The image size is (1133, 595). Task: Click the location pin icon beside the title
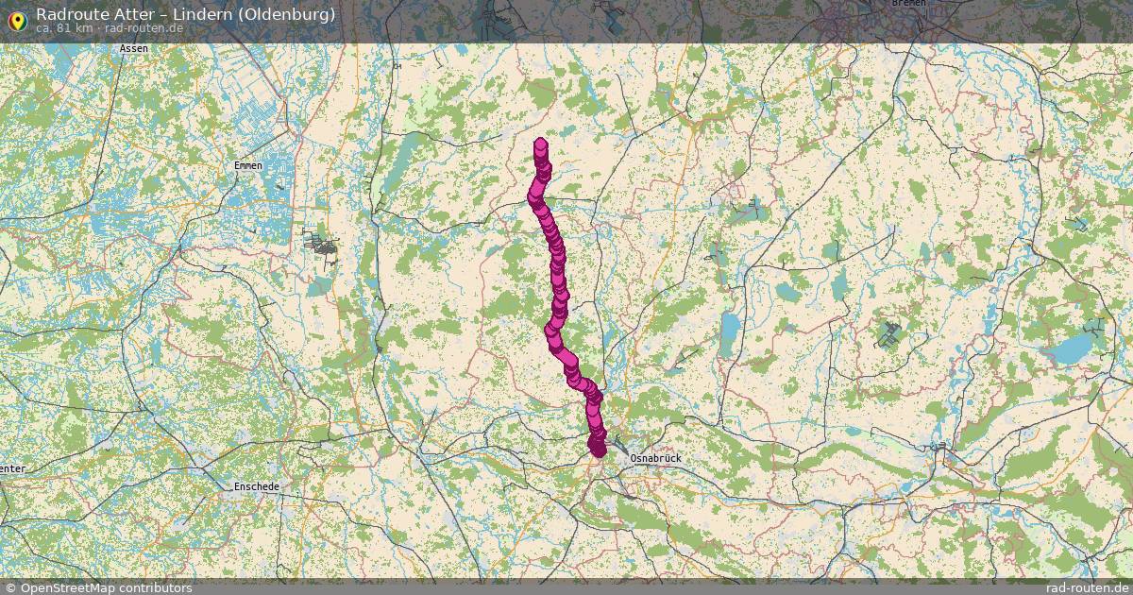coord(16,20)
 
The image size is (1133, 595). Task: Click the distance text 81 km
coord(73,28)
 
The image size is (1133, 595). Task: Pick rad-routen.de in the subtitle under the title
coord(144,28)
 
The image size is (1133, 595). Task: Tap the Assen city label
coord(134,48)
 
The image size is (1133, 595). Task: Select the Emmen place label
coord(247,165)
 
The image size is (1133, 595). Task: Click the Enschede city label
coord(256,486)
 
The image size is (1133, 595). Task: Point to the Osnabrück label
coord(654,458)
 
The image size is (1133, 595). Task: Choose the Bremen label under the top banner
coord(907,3)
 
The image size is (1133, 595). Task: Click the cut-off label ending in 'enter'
coord(12,468)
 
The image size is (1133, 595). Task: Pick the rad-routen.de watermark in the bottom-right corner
coord(1087,587)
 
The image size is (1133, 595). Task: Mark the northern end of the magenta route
coord(540,144)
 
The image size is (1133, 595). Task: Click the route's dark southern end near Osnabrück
coord(597,448)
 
